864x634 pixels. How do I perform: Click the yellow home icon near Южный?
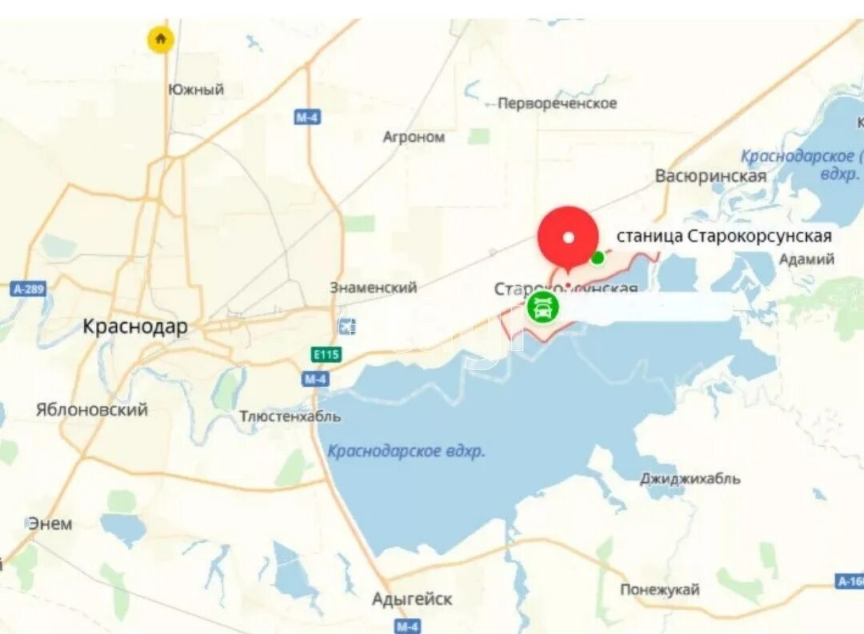[x=161, y=38]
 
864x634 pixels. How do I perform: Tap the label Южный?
[x=196, y=90]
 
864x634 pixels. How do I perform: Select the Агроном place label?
[x=414, y=137]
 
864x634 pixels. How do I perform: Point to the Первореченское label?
[x=557, y=103]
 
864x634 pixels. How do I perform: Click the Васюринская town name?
[x=710, y=175]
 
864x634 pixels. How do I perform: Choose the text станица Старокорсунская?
[x=724, y=236]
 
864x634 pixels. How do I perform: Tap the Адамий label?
[x=806, y=259]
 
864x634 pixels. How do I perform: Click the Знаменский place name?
[x=374, y=287]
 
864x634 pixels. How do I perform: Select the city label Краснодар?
[x=136, y=326]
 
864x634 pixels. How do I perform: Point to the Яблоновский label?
[x=92, y=409]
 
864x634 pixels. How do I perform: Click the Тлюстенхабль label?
[x=290, y=417]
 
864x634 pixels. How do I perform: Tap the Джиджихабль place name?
[x=690, y=479]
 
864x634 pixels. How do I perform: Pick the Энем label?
[x=50, y=524]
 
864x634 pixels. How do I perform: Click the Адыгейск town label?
[x=412, y=598]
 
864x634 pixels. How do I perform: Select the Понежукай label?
[x=660, y=590]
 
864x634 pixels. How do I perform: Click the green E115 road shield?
[x=322, y=353]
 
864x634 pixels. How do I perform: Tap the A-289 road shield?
[x=29, y=289]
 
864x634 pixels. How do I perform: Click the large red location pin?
[x=568, y=237]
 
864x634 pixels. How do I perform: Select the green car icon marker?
[x=542, y=307]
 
